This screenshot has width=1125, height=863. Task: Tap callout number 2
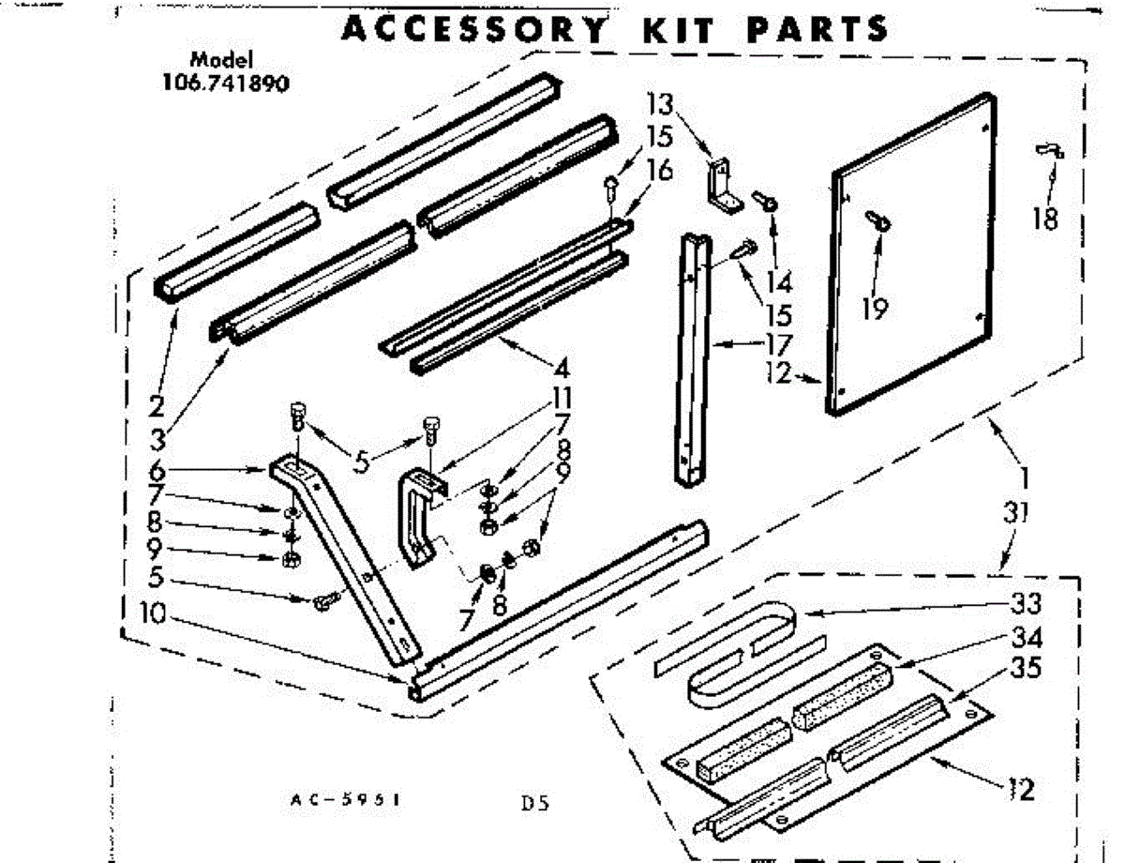click(x=157, y=406)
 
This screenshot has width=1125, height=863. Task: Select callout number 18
click(x=1045, y=219)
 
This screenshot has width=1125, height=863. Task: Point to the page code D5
click(x=533, y=803)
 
